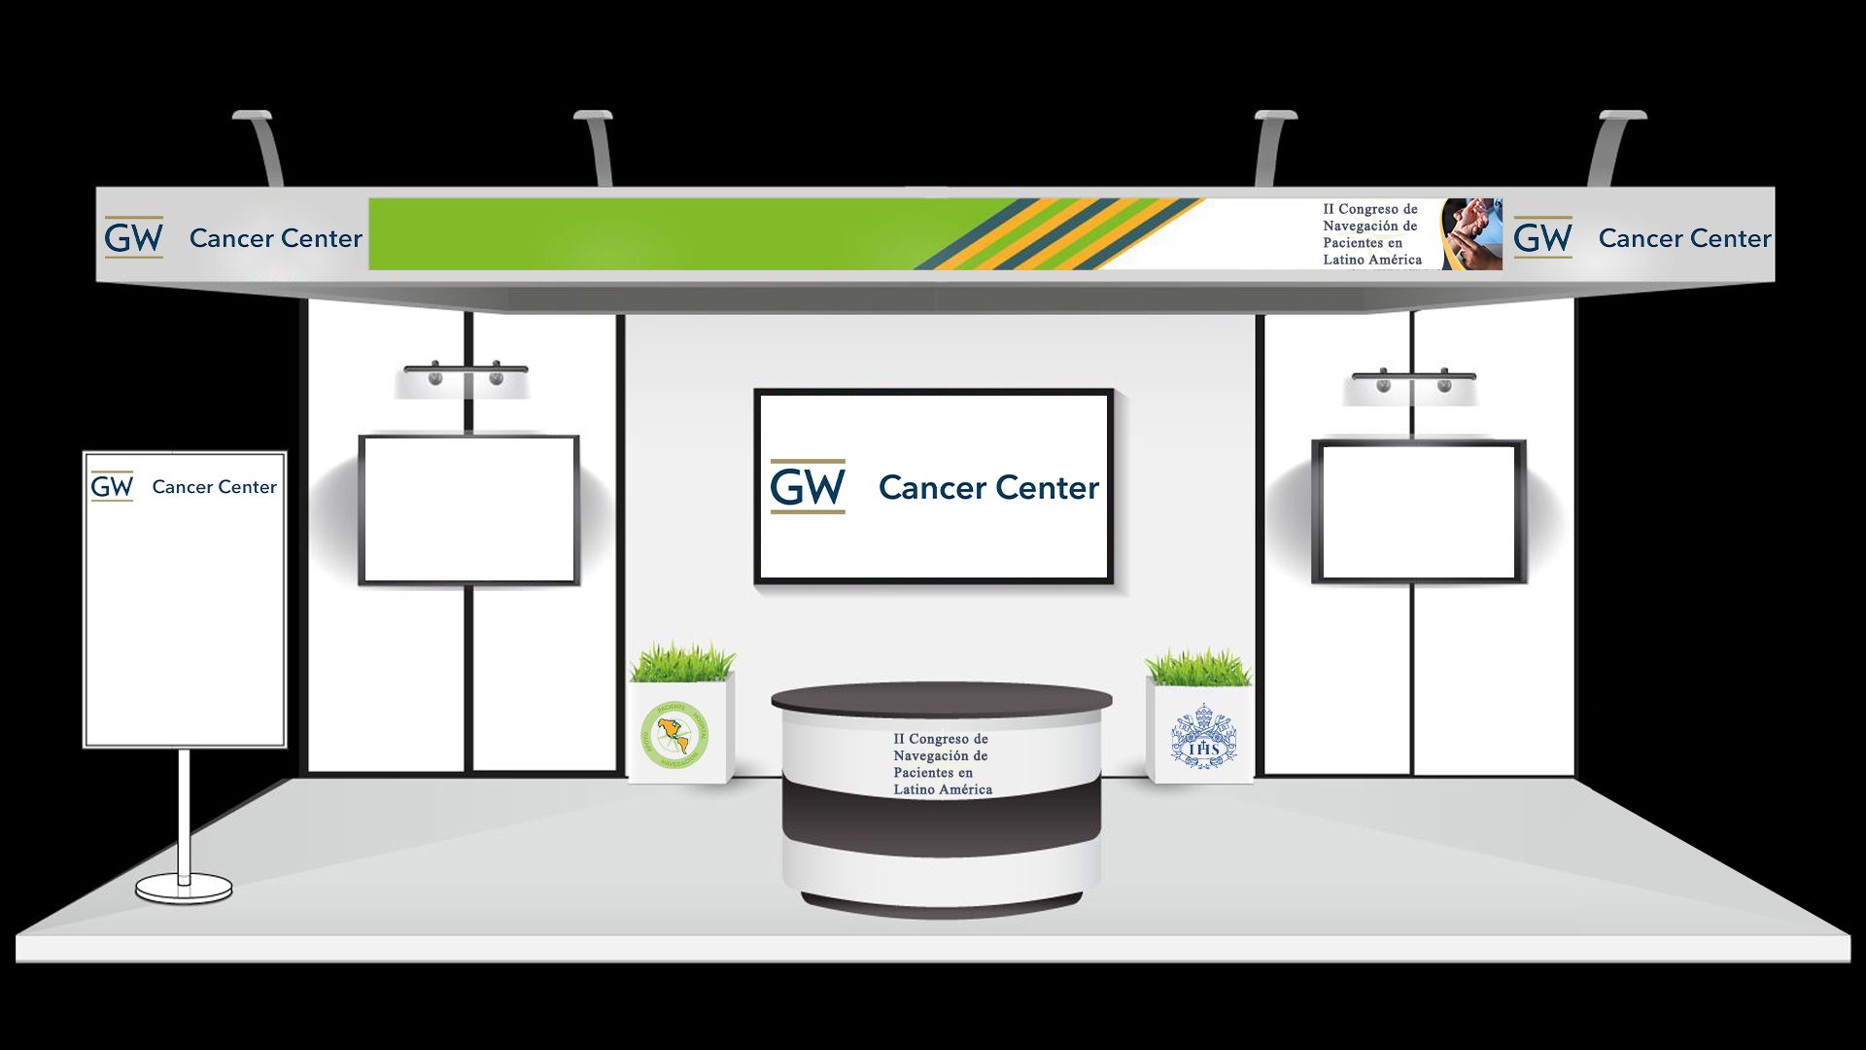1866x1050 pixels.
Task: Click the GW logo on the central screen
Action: tap(807, 486)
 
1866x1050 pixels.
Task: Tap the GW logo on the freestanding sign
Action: tap(112, 486)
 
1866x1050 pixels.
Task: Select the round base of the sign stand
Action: tap(184, 887)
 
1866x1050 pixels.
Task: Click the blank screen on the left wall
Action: tap(469, 509)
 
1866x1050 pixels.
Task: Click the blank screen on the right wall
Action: tap(1419, 511)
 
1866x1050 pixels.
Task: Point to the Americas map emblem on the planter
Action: tap(675, 734)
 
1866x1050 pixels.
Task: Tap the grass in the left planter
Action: tap(681, 663)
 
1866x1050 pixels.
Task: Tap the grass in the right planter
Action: tap(1197, 669)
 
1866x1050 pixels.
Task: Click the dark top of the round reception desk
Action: tap(941, 699)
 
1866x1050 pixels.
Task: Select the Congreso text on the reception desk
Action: tap(942, 764)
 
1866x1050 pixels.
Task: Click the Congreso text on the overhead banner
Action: tap(1371, 234)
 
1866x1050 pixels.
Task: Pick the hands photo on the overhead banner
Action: tap(1471, 234)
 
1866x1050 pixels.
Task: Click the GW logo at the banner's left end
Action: tap(133, 237)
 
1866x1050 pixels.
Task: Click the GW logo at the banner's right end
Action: tap(1542, 237)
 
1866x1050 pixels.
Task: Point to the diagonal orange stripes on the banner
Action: tap(1059, 234)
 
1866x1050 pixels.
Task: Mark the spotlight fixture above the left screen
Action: tap(466, 373)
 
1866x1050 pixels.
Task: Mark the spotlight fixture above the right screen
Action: tap(1414, 380)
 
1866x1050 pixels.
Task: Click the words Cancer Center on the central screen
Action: tap(988, 487)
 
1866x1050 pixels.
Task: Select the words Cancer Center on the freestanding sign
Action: tap(214, 487)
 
